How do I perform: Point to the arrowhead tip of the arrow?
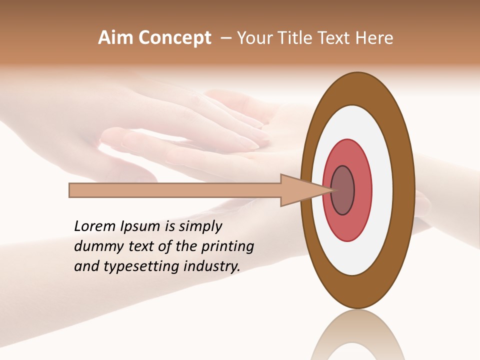(x=332, y=190)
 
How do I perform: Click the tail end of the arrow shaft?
(x=70, y=190)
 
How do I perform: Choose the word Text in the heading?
(x=335, y=38)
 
